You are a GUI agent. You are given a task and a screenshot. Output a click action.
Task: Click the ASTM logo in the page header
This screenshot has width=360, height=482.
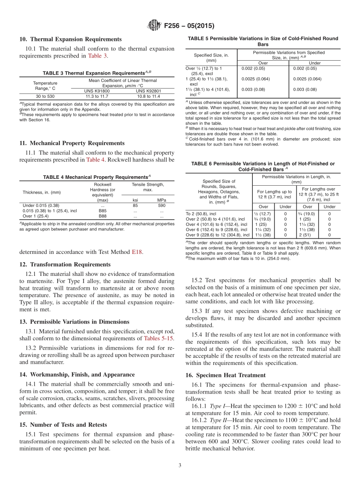click(x=154, y=26)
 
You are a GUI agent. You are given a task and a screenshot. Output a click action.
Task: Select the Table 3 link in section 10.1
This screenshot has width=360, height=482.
click(x=97, y=56)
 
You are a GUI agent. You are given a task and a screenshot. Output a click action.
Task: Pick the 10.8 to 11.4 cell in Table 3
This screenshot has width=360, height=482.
click(x=148, y=96)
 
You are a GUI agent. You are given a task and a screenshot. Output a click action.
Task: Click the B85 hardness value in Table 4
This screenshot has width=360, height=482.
click(x=102, y=211)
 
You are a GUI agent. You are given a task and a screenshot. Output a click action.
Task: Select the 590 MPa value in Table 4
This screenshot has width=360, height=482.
click(x=161, y=205)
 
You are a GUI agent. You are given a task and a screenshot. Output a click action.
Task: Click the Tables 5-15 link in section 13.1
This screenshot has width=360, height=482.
click(x=158, y=338)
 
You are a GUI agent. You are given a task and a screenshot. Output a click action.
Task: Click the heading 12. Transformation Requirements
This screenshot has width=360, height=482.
click(x=65, y=264)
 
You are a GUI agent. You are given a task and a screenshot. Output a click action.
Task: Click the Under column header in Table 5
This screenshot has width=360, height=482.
click(x=315, y=63)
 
